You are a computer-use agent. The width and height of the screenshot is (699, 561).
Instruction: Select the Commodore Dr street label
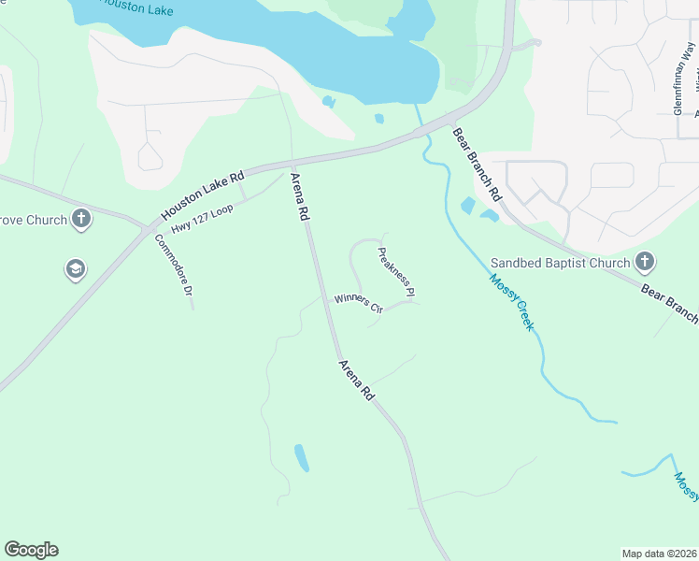click(175, 266)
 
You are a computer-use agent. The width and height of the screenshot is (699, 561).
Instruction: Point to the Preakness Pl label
click(396, 272)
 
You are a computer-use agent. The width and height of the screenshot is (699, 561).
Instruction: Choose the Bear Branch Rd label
click(478, 165)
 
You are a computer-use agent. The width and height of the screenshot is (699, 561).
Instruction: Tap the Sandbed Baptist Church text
click(562, 263)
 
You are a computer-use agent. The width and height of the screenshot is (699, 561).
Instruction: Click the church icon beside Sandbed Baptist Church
click(644, 261)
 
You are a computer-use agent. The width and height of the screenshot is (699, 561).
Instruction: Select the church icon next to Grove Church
click(82, 220)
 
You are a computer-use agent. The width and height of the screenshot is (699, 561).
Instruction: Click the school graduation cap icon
click(74, 270)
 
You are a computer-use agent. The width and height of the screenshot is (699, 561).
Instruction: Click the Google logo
click(31, 550)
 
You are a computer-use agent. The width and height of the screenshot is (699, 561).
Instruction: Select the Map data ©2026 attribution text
click(659, 554)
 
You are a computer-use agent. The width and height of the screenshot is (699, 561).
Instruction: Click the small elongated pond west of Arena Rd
click(302, 457)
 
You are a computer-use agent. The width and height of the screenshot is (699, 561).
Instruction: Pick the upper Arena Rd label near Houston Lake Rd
click(300, 195)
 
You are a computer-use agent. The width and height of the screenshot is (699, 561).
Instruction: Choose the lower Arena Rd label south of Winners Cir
click(356, 381)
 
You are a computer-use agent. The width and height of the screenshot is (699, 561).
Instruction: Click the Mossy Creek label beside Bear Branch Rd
click(511, 303)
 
